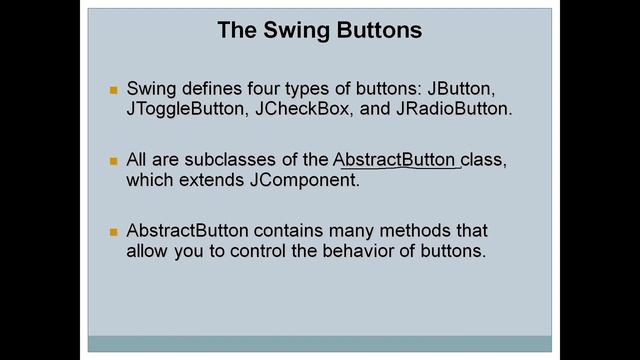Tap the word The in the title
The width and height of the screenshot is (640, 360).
pyautogui.click(x=237, y=31)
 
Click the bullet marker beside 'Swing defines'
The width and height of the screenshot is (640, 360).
pyautogui.click(x=114, y=90)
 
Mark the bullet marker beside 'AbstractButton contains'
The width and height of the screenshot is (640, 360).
pyautogui.click(x=114, y=232)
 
